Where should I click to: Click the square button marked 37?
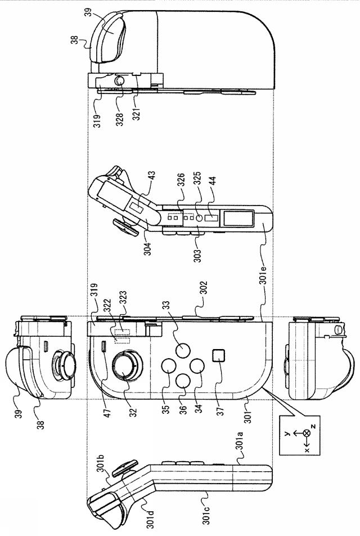[218, 356]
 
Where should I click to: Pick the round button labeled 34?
[196, 365]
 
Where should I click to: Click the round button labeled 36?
[182, 381]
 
